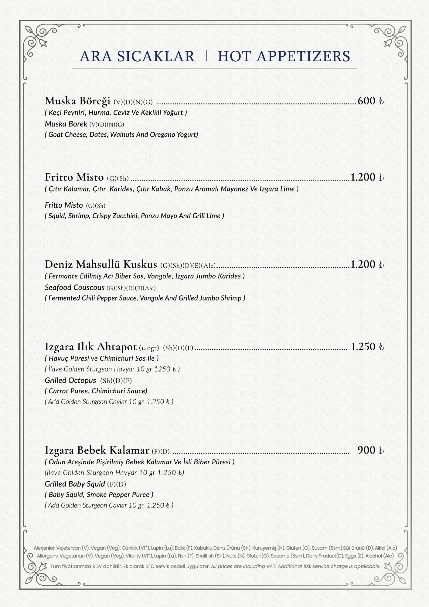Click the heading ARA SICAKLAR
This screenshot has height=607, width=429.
pos(137,56)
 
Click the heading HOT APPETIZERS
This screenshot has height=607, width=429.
pos(284,56)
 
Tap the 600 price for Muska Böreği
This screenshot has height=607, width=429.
pos(366,101)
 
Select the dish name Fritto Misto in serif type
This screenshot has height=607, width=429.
pos(74,177)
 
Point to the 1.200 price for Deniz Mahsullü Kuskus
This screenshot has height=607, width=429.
pos(363,264)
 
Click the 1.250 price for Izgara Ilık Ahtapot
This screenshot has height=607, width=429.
pos(363,347)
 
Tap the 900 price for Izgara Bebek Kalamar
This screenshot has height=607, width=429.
pos(366,450)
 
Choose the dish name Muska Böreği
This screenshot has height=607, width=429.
pos(77,101)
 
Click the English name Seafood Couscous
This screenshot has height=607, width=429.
pos(75,287)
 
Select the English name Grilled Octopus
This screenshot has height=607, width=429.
pos(70,381)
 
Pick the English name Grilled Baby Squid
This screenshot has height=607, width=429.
pos(75,484)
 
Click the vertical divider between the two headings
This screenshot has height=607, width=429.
pos(206,56)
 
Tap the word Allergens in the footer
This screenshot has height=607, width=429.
pos(47,556)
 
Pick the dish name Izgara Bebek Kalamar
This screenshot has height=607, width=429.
pos(97,450)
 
